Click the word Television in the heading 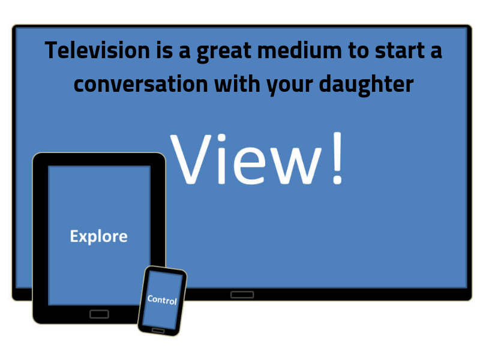tap(97, 50)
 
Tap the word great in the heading tap(224, 52)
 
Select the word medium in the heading tap(299, 50)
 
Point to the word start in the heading tap(400, 51)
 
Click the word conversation tap(141, 84)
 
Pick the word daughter tap(366, 85)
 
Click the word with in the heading tap(237, 83)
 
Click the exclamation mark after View tap(337, 158)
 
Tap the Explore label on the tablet tap(98, 236)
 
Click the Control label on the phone tap(162, 299)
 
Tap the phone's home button tap(158, 331)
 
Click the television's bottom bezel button tap(242, 295)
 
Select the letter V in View tap(191, 159)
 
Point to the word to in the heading tap(358, 51)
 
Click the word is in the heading tap(164, 50)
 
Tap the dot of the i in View tap(221, 138)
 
